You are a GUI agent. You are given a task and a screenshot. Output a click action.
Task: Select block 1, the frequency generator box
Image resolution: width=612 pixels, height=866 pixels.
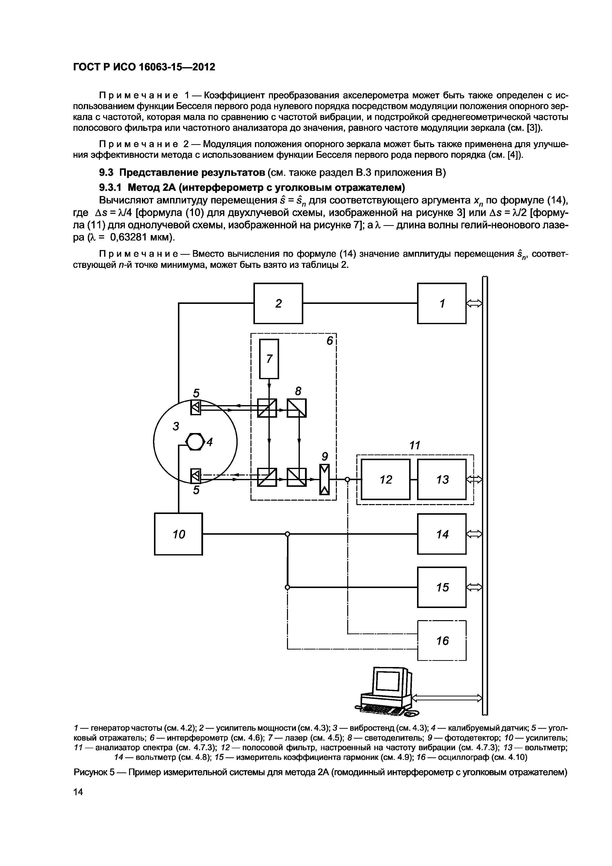441,303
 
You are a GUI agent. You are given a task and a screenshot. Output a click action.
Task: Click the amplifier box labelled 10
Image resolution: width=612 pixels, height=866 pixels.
178,534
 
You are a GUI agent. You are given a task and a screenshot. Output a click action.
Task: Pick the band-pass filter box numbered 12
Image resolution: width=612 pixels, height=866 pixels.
386,479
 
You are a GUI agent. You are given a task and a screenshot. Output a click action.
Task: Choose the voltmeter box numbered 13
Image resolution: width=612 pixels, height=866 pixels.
441,479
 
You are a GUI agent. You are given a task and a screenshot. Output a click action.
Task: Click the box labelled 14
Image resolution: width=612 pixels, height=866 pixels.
441,534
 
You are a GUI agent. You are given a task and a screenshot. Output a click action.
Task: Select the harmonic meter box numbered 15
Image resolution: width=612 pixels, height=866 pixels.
441,587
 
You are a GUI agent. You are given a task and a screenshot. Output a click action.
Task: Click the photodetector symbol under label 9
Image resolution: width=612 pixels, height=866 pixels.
324,479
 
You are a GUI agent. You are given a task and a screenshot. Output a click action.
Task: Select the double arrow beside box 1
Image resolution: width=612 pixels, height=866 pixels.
474,303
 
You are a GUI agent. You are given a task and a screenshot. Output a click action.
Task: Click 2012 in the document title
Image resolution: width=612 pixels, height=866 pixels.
203,67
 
